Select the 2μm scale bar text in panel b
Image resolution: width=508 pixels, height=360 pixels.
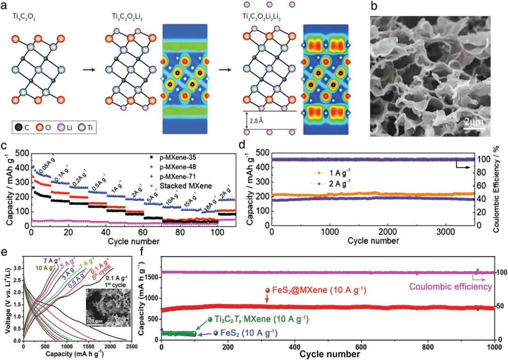[x=473, y=122]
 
